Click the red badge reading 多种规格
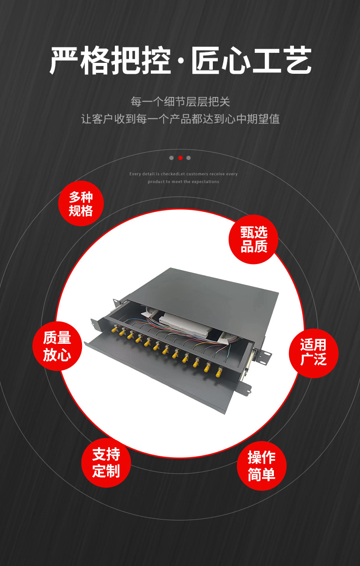81,204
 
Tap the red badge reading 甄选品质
253,240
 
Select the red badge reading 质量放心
57,346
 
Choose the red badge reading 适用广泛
314,353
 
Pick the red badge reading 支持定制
106,463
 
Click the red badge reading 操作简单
262,466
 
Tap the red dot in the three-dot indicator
180,158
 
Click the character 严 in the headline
63,60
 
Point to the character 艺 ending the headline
297,60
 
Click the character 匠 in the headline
205,60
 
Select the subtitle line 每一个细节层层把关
180,102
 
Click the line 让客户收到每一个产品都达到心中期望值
180,119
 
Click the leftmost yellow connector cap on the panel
114,330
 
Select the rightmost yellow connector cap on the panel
218,372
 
